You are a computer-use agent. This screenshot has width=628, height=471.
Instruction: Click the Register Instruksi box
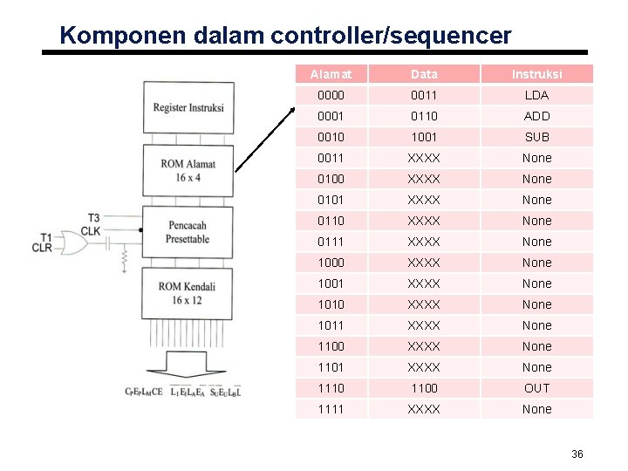click(x=188, y=107)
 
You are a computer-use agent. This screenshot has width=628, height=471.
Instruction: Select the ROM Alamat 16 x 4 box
click(x=188, y=170)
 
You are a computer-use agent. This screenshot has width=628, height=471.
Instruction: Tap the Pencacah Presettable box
click(x=188, y=231)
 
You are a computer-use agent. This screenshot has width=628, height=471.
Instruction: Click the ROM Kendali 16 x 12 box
click(x=188, y=292)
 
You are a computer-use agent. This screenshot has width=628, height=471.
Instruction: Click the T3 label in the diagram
click(x=92, y=218)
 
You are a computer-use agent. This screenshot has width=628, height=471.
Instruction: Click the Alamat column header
click(x=331, y=74)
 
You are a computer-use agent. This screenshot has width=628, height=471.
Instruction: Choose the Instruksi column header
click(x=536, y=74)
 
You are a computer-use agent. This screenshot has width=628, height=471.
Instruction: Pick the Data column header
click(x=424, y=74)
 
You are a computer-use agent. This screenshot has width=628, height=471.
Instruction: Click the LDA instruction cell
click(x=536, y=95)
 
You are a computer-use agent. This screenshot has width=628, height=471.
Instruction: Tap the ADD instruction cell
click(x=536, y=116)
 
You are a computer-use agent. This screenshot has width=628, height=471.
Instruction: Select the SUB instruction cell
click(x=536, y=137)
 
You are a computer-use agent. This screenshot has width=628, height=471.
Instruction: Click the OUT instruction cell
click(x=536, y=388)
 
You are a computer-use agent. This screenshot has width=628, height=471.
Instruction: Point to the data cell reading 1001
click(x=424, y=137)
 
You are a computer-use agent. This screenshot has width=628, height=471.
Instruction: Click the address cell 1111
click(x=331, y=409)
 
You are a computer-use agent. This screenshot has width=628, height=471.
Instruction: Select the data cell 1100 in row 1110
click(x=424, y=388)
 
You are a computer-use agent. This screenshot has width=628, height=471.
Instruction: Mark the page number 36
click(x=577, y=454)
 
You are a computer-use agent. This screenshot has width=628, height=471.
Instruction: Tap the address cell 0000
click(x=331, y=95)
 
